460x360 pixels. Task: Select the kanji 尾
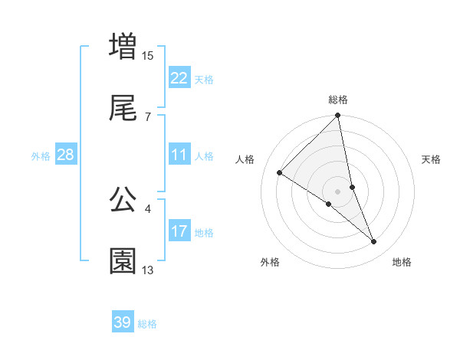click(123, 110)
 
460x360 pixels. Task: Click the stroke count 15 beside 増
click(148, 55)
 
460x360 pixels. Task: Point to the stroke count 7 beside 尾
click(147, 117)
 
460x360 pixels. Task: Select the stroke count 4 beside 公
click(147, 208)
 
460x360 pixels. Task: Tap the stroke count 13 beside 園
click(148, 270)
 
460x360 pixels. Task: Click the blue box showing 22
click(179, 78)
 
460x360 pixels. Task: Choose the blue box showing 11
click(179, 155)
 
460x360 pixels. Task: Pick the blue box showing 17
click(179, 231)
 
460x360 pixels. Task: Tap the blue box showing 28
click(66, 155)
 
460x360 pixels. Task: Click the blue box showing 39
click(123, 322)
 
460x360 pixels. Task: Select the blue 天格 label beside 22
click(204, 80)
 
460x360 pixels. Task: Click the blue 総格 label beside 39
click(147, 324)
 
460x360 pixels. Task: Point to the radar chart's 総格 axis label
click(338, 100)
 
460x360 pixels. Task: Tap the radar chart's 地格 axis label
click(402, 263)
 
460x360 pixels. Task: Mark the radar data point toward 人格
click(280, 173)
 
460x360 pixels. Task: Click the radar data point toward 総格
click(338, 116)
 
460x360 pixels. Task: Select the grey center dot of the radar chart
click(338, 191)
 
